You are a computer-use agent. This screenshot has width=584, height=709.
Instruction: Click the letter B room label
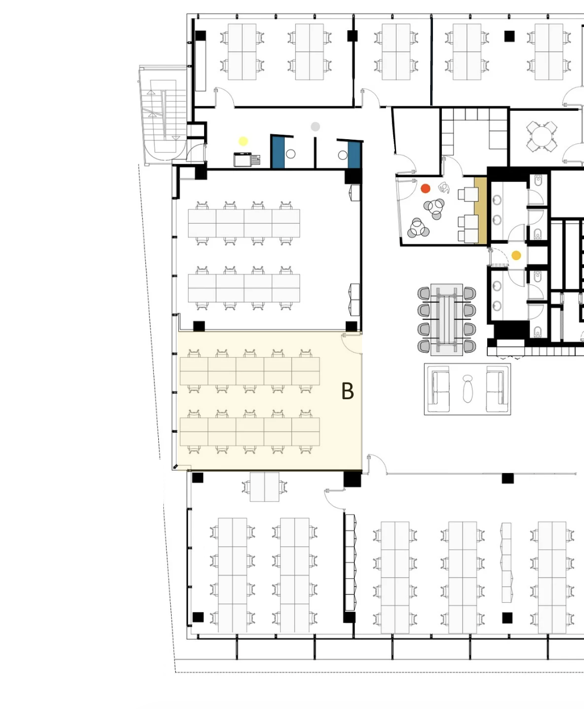(347, 391)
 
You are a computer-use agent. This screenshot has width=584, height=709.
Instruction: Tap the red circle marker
(426, 188)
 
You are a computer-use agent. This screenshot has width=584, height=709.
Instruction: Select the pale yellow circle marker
(243, 141)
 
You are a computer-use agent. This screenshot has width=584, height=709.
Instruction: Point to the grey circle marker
(315, 127)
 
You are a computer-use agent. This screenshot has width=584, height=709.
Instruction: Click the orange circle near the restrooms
(516, 256)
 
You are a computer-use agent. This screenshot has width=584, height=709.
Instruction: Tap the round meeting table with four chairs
(541, 136)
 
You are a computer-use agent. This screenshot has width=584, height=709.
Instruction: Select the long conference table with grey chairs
(446, 319)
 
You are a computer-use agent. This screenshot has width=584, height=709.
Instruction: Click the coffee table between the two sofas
(468, 389)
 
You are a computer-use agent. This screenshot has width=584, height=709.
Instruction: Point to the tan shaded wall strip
(480, 210)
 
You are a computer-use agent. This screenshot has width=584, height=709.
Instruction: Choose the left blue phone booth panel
(278, 152)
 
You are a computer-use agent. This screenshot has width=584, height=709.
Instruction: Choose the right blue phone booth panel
(354, 155)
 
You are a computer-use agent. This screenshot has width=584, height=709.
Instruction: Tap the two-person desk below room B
(265, 487)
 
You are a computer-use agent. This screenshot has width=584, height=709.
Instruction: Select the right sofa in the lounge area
(497, 389)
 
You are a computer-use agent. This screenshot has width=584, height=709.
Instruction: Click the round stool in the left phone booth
(291, 154)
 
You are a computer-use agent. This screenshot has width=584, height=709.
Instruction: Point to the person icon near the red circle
(444, 187)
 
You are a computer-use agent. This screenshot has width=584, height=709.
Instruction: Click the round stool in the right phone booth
(343, 155)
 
